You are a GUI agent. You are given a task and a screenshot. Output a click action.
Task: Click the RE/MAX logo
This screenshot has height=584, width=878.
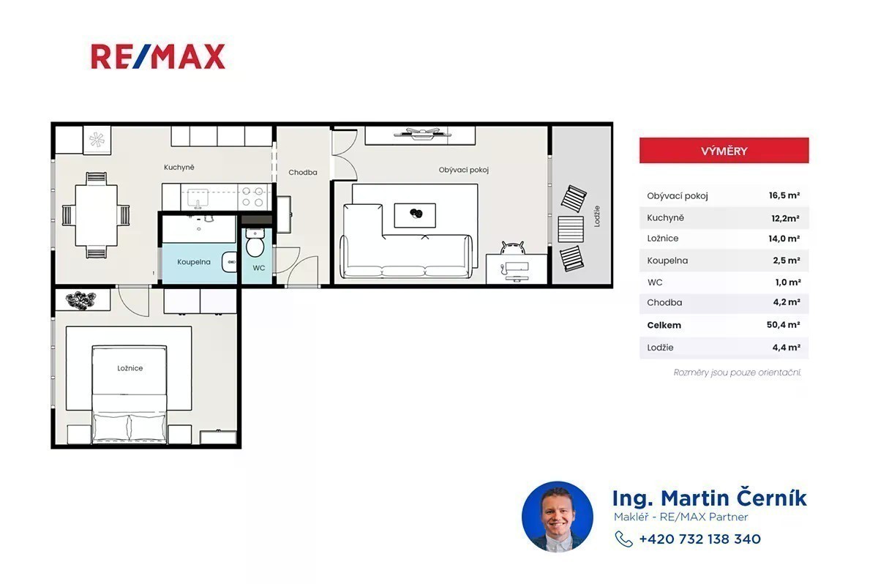pos(158,56)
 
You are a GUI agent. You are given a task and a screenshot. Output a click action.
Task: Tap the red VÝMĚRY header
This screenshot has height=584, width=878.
pos(724,151)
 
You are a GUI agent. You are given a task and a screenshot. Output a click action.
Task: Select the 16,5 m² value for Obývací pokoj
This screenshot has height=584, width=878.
pos(784,195)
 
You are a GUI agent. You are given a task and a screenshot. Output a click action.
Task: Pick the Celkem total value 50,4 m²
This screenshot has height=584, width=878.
pos(783,324)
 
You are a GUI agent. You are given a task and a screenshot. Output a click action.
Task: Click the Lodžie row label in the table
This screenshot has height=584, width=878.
pos(660,348)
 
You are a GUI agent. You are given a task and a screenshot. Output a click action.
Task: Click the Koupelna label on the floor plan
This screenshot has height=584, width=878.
pos(194,262)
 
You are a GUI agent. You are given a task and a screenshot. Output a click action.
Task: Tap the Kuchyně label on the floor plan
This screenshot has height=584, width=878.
pos(179,168)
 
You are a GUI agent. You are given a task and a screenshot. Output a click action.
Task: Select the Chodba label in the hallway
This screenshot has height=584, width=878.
pos(303,173)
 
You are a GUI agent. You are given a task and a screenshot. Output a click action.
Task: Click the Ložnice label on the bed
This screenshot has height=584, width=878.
pos(130,368)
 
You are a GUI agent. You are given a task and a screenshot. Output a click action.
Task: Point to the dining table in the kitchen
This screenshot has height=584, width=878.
pos(96,215)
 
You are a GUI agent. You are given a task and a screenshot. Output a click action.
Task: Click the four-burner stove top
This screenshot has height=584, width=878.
pos(252,197)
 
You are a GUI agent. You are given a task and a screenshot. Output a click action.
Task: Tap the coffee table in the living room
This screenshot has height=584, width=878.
pos(415,215)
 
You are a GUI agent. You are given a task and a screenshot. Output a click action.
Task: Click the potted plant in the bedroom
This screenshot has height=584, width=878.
pos(80,300)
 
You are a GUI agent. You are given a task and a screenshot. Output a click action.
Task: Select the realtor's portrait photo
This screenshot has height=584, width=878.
pos(558,517)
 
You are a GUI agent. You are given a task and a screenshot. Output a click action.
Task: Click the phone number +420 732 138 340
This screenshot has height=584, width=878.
pos(699,539)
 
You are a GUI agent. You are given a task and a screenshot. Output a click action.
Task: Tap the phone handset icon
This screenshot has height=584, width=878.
pos(623,539)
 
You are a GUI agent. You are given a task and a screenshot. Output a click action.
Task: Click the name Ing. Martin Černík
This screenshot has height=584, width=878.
pos(710,498)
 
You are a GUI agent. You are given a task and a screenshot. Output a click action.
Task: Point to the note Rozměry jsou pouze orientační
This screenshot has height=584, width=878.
pos(737,373)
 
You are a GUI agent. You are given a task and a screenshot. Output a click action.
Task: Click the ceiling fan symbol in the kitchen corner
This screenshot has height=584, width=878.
pos(97,139)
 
